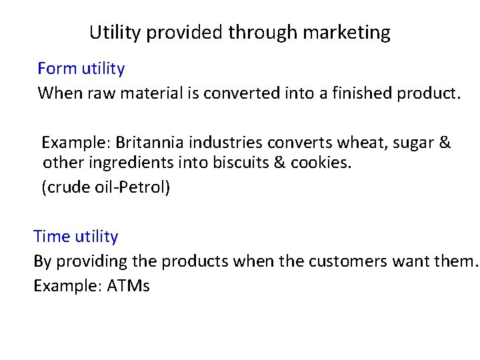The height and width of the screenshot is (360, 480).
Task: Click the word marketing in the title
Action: [348, 32]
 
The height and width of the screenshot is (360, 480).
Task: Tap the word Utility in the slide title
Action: [113, 32]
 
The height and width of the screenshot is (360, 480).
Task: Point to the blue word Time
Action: [51, 236]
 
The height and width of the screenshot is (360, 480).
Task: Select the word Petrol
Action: [145, 188]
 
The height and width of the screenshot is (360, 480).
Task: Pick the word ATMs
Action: [128, 286]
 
